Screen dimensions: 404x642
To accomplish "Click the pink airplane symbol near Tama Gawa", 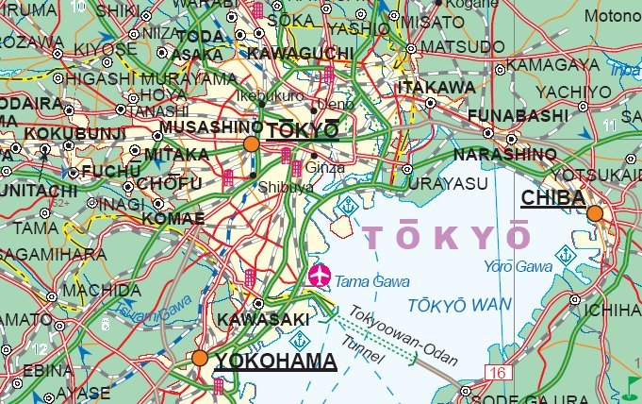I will (x=321, y=276).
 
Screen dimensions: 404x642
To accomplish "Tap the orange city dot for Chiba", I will (x=595, y=214).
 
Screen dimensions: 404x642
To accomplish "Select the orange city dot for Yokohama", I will (x=199, y=358).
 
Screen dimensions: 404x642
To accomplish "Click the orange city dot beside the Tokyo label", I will (x=251, y=143).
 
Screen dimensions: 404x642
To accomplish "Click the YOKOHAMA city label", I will (x=275, y=361).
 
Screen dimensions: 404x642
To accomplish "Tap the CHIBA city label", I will (x=552, y=196).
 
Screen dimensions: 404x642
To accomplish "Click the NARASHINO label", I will (x=504, y=154).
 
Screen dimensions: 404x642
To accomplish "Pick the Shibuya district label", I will (x=285, y=188).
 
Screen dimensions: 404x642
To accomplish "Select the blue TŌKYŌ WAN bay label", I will (x=461, y=304).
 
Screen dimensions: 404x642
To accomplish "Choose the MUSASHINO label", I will (x=211, y=127).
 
